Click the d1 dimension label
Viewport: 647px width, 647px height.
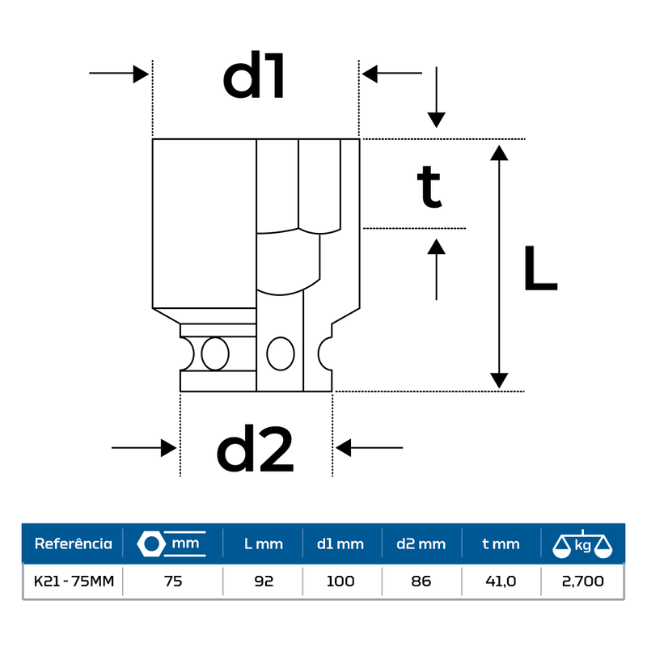pos(255,78)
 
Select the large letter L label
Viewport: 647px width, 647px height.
pos(540,269)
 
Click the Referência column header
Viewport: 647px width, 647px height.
pos(73,543)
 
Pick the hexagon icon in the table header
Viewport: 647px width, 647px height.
pos(150,543)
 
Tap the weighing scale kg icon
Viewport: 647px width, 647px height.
pos(582,544)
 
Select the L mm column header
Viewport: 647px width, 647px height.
pos(264,544)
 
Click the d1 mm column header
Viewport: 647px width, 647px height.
pos(340,544)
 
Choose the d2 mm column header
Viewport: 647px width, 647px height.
pos(421,544)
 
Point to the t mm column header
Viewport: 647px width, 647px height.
pos(501,544)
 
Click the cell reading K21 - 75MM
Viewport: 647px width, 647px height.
pos(73,581)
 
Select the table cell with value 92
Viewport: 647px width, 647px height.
pos(264,581)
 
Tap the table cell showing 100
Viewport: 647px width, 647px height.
pos(340,581)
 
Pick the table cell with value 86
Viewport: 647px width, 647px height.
pos(421,581)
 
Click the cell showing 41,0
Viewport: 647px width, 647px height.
pos(501,581)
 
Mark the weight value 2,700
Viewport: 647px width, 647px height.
pos(582,581)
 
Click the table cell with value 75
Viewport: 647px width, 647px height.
pos(172,581)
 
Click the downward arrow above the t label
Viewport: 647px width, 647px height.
pos(437,97)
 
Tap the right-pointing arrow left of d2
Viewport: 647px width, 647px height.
pos(144,447)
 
